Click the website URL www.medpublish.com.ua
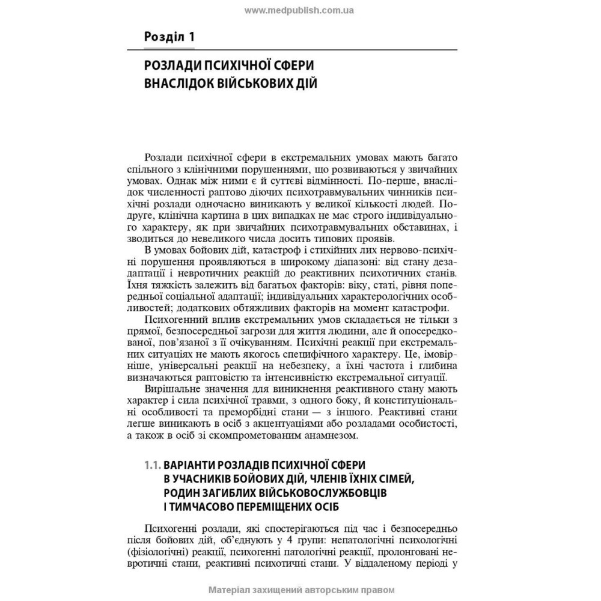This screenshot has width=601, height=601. [x=300, y=10]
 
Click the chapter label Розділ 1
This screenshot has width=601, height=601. [x=169, y=37]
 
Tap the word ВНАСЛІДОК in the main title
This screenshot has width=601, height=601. [x=178, y=83]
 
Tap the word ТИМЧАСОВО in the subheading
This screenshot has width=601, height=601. [x=209, y=506]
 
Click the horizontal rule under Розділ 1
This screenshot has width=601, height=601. [x=300, y=48]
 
